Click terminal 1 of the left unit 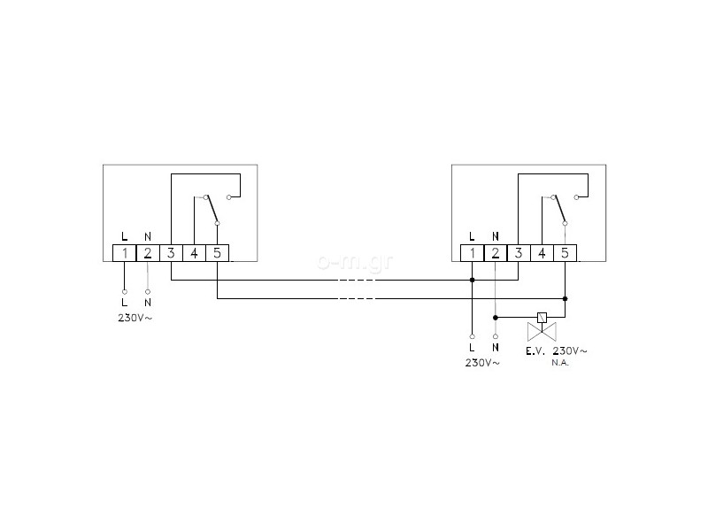point(125,253)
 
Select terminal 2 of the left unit point(148,253)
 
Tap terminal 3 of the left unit point(171,253)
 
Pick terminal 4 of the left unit point(194,253)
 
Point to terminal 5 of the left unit point(217,253)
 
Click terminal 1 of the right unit point(473,253)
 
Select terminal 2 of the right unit point(496,253)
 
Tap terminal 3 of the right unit point(519,253)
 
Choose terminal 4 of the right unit point(542,253)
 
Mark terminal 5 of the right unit point(565,253)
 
